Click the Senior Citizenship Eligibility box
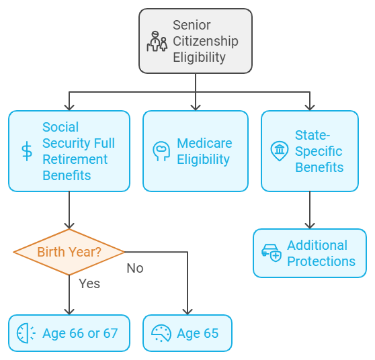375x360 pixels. (195, 41)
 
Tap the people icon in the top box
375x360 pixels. (157, 42)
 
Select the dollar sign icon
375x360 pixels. (27, 151)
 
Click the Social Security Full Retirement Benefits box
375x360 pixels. (69, 151)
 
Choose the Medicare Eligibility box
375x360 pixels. (196, 151)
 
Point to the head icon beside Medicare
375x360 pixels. (161, 151)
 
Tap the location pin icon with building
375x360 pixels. (279, 151)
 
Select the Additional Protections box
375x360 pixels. (310, 253)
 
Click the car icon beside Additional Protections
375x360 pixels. (272, 253)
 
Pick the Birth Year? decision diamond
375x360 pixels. (69, 252)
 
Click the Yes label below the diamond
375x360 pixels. (89, 283)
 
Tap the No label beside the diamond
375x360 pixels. (135, 268)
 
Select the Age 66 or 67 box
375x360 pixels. (69, 333)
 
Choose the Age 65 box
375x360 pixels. (187, 333)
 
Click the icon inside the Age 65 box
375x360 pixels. (161, 333)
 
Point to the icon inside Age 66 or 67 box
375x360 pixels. (26, 333)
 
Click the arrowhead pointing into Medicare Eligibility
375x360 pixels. (196, 106)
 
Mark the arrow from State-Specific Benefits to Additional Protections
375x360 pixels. (310, 210)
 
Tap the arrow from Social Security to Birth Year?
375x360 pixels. (69, 210)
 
